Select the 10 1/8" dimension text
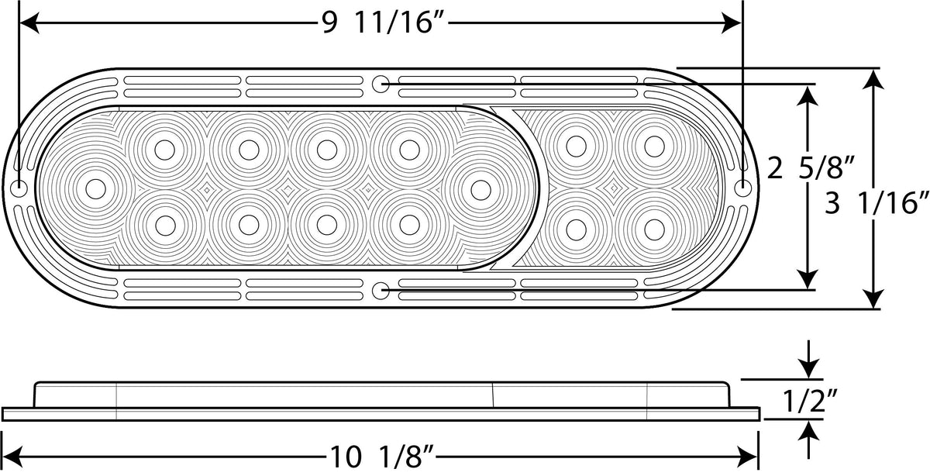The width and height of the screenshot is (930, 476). coord(382,457)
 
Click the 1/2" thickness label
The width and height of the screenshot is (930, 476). coord(810,400)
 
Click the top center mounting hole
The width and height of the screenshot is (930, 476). coord(380,84)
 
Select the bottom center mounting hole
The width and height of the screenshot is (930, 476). coord(380,291)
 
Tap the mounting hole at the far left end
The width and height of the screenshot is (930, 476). coord(19,189)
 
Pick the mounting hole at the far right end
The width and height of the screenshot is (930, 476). coord(742,188)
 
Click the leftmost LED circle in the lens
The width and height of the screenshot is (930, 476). coord(95,189)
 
